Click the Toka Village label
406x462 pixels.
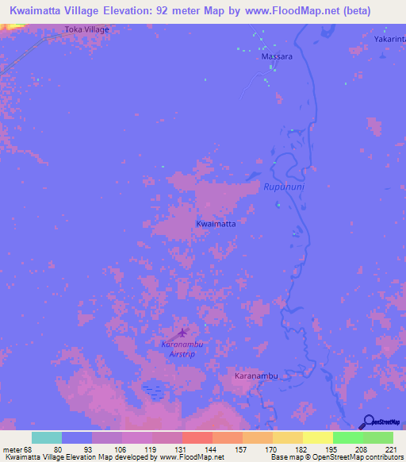[86, 29]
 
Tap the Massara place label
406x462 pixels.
[277, 57]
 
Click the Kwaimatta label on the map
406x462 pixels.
[216, 224]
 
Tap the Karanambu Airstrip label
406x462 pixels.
[183, 349]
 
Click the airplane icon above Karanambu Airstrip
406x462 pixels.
[183, 333]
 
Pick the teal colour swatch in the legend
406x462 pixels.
[47, 437]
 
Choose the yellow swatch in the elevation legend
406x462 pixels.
[317, 437]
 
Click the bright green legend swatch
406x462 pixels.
[348, 437]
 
